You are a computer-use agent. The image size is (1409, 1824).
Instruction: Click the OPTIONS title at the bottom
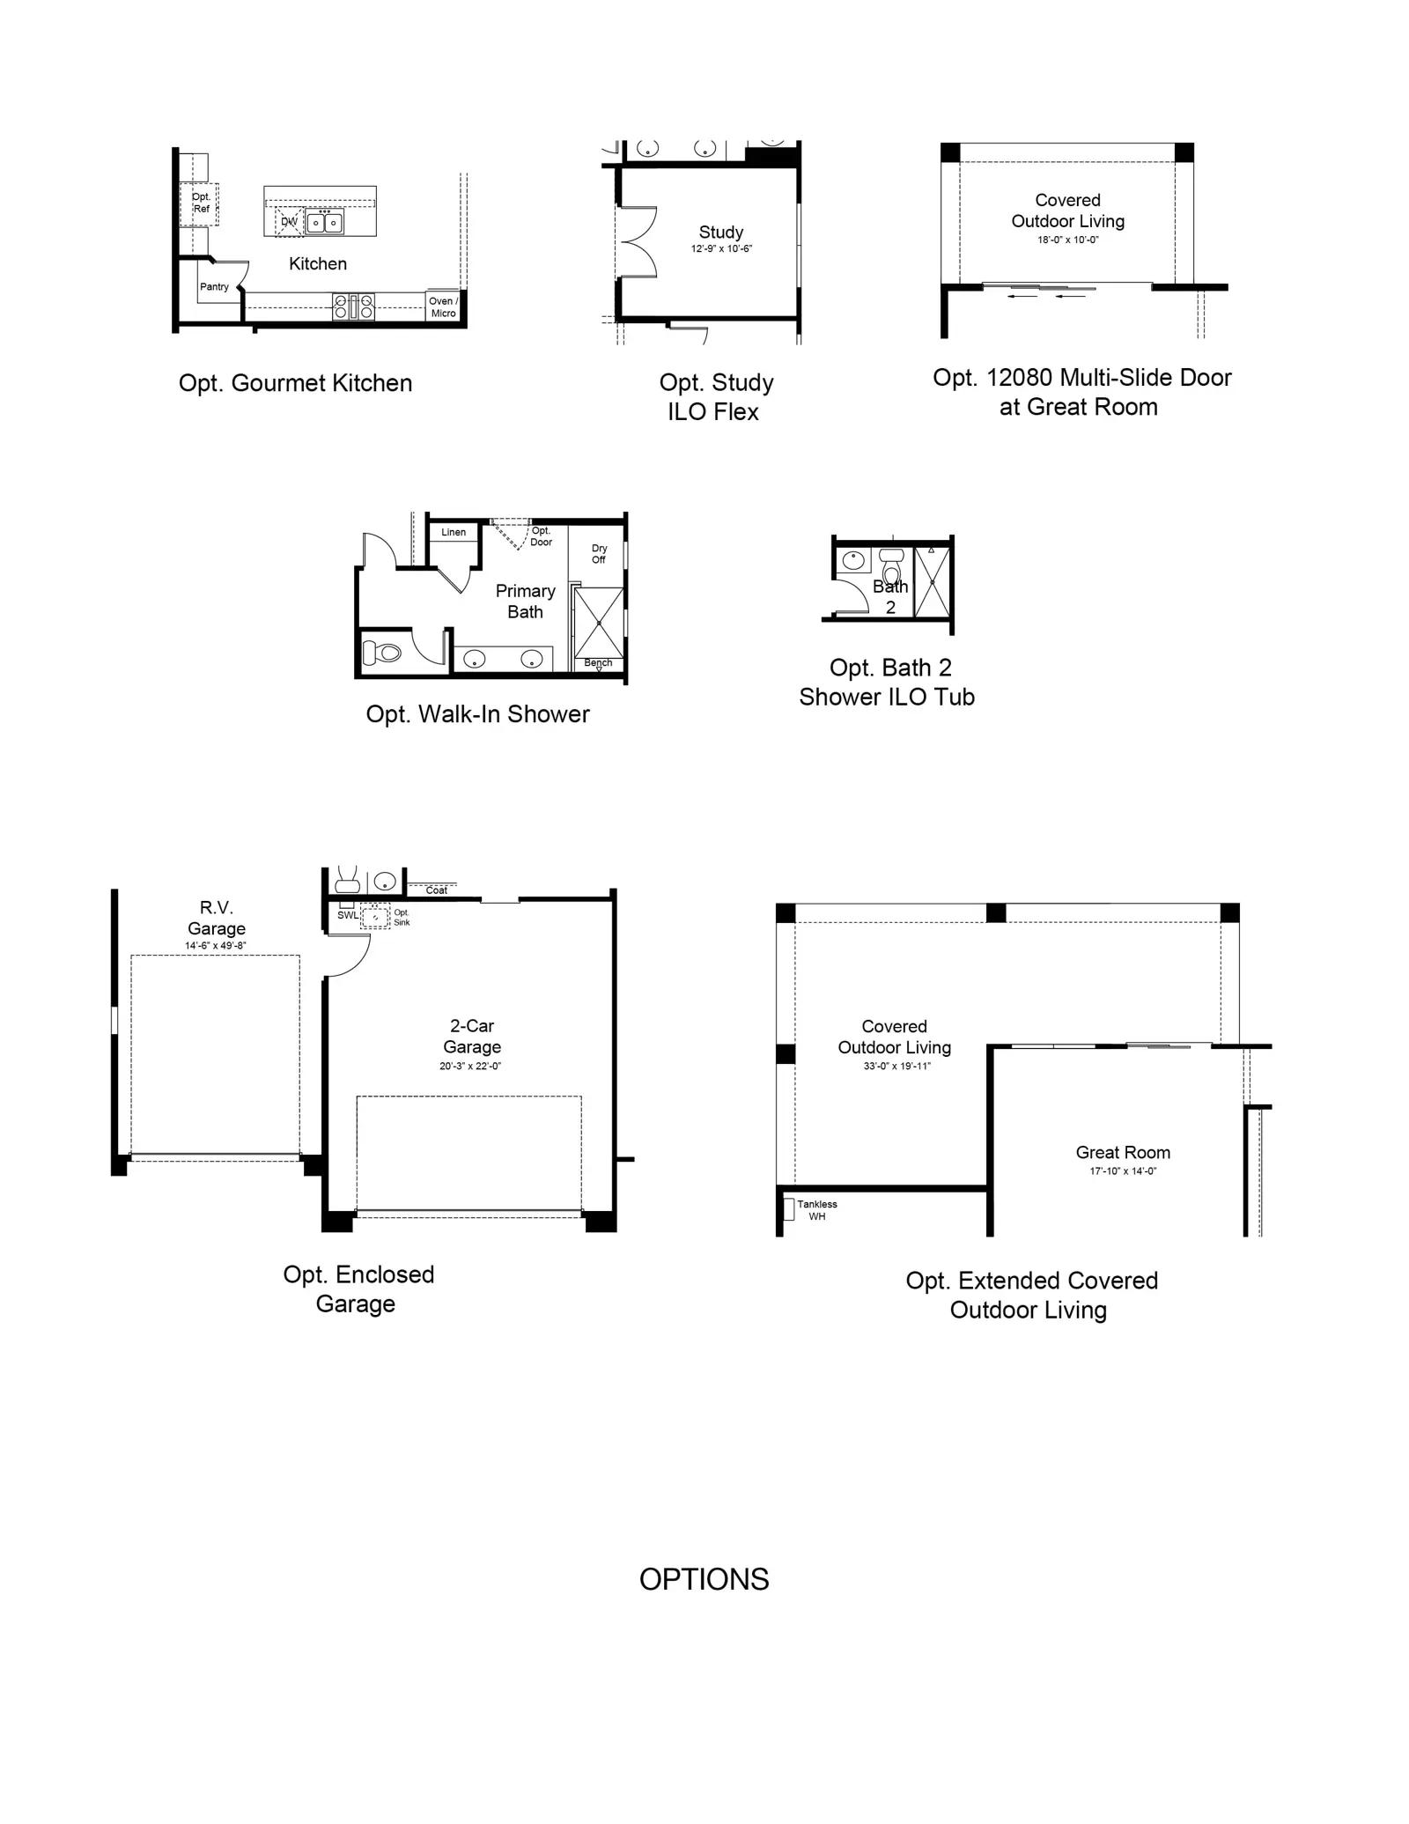click(x=704, y=1579)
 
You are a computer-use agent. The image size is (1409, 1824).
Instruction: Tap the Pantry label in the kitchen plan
click(x=214, y=286)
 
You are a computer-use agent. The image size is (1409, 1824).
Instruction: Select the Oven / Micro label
click(x=443, y=306)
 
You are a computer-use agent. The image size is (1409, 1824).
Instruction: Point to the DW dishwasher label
click(x=289, y=221)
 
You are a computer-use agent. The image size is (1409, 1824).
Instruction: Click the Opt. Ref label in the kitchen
click(x=202, y=203)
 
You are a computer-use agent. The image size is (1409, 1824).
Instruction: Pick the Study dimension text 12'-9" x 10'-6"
click(x=721, y=248)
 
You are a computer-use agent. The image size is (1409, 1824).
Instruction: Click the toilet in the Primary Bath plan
click(x=382, y=653)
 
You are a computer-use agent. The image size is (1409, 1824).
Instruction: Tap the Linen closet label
click(x=454, y=532)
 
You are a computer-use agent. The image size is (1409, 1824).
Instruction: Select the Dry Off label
click(x=599, y=553)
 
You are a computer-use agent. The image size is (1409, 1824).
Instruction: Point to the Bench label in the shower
click(x=598, y=662)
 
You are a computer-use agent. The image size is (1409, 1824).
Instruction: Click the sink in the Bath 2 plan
click(x=853, y=559)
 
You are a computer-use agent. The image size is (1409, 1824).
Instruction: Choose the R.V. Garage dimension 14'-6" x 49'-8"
click(x=216, y=946)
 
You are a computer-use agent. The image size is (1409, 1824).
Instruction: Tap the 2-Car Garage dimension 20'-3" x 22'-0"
click(x=471, y=1066)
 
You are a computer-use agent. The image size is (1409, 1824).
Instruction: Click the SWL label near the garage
click(x=348, y=915)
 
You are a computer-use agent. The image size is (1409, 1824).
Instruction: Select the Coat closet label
click(x=437, y=890)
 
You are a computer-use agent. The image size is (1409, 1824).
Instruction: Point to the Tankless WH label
click(x=817, y=1210)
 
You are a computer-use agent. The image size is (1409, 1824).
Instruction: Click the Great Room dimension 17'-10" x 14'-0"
click(x=1123, y=1170)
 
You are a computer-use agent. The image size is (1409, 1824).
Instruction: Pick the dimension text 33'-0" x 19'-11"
click(x=896, y=1066)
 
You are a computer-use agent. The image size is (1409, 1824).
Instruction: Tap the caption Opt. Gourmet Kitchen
click(x=295, y=383)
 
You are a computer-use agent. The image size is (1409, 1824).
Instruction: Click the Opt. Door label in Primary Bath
click(x=541, y=536)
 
